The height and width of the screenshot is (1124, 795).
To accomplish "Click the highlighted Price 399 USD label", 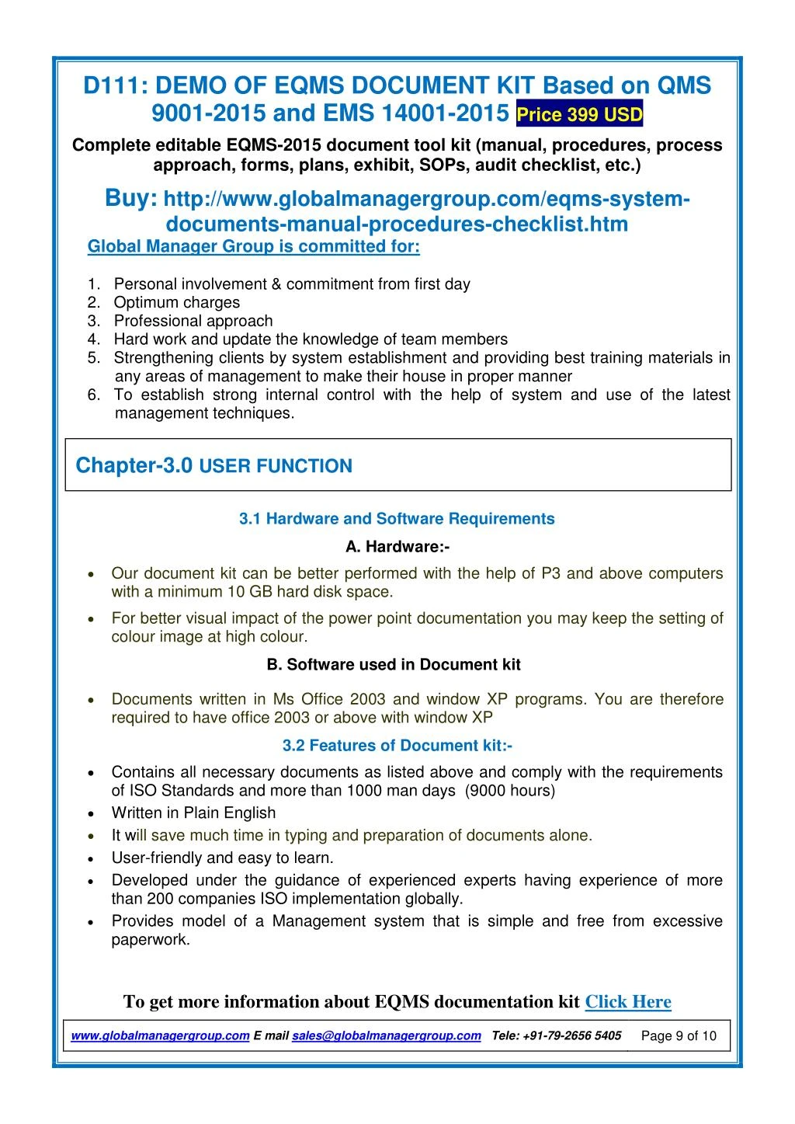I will (579, 116).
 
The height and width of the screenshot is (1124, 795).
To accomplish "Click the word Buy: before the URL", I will (131, 199).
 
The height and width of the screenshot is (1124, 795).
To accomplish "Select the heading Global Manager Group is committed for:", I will (254, 247).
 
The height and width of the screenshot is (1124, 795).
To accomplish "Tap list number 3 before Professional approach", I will (93, 321).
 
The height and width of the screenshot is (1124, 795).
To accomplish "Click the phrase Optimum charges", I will (177, 303).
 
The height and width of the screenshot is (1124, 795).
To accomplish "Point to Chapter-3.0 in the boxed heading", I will (134, 466).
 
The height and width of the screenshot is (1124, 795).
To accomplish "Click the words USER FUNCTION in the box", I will (276, 467).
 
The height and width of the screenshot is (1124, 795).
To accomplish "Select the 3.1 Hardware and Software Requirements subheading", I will (397, 519).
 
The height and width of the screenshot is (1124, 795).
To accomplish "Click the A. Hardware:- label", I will (397, 547).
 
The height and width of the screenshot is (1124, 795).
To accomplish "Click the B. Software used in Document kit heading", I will (393, 665).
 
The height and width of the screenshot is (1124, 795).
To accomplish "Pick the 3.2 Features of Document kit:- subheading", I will (397, 746).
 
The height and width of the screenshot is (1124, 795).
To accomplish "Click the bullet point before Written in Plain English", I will (92, 814).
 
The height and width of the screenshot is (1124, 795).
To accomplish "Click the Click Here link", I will (627, 1002).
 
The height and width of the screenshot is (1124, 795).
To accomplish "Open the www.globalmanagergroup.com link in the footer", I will (160, 1035).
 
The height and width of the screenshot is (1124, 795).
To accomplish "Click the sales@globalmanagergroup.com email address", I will (386, 1035).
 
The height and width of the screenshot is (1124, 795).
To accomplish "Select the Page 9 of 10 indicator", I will (679, 1036).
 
